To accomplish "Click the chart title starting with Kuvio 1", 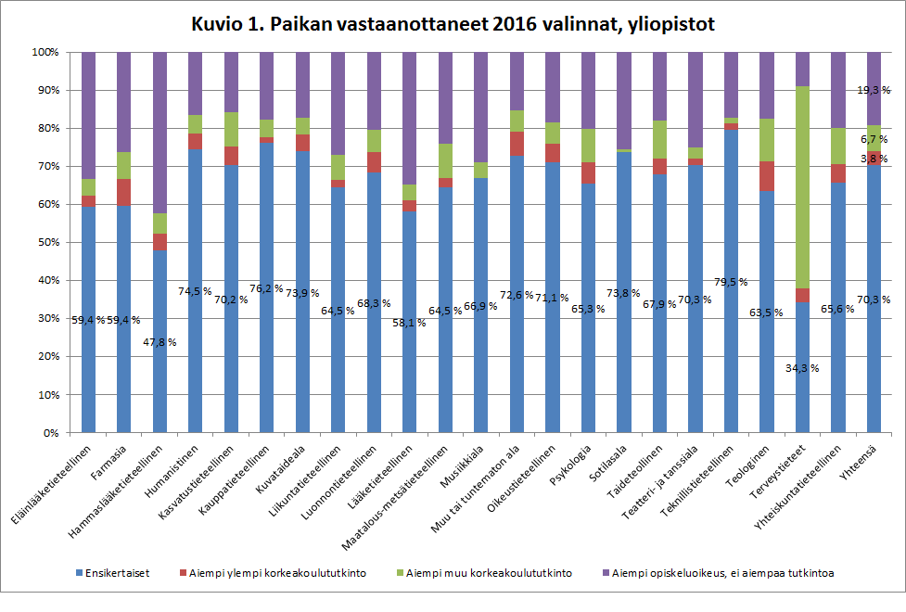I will tap(453, 24).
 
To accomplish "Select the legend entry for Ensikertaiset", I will tap(114, 573).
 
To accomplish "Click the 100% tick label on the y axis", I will tap(43, 52).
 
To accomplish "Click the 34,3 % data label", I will tap(802, 368).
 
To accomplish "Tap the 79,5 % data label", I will tap(731, 282).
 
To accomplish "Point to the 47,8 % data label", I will tap(160, 342).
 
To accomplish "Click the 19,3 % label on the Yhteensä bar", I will tap(873, 90).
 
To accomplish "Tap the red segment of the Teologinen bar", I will tap(767, 176).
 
